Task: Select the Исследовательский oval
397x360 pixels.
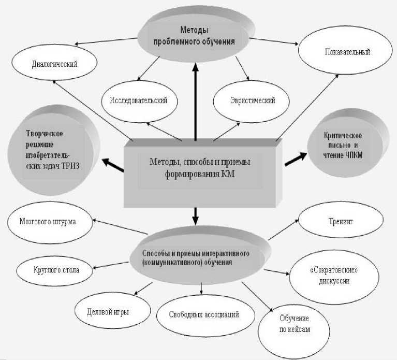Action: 138,100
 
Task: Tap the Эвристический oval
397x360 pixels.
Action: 252,100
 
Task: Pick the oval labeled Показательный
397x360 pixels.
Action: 347,52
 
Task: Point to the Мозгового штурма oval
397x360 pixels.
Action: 49,222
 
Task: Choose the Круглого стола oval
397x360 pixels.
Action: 55,270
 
